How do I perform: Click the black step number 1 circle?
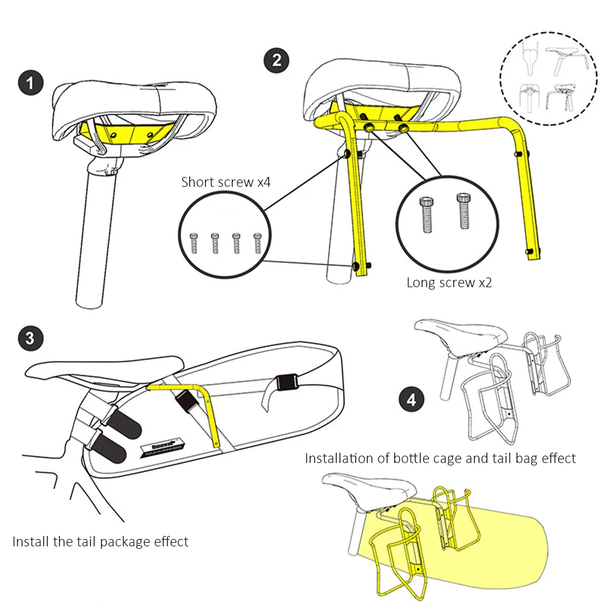coord(30,83)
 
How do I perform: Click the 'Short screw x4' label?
coord(226,182)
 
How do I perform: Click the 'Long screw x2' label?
coord(449,282)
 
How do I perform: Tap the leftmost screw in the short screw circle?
coord(194,243)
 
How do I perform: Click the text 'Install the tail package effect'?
coord(100,541)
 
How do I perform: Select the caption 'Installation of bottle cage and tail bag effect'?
coord(440,458)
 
